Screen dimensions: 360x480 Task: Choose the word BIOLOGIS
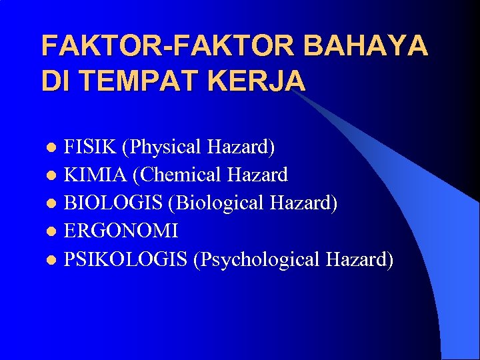coord(114,203)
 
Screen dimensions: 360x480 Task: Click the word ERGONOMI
coord(121,231)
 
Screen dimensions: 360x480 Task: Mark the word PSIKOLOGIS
coord(125,259)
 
